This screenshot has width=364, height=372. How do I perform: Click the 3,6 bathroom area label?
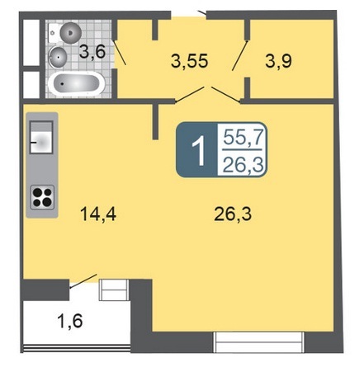point(92,51)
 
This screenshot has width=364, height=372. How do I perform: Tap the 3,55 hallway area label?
point(189,61)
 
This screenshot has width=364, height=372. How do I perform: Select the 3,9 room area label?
point(279,61)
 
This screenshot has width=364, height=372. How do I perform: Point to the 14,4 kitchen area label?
point(98,214)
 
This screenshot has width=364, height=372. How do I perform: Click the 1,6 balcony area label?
point(70,321)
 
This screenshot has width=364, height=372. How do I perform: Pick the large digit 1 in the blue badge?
point(198,151)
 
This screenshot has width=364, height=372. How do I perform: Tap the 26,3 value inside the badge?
point(243,165)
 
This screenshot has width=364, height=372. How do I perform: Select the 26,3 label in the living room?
point(233,214)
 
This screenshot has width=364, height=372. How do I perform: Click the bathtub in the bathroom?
point(77,83)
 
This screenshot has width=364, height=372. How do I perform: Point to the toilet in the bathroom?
point(65,33)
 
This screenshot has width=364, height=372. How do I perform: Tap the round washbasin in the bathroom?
point(58,57)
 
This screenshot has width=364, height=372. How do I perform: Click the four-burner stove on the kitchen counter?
point(42,197)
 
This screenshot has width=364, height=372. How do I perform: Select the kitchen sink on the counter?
point(41,137)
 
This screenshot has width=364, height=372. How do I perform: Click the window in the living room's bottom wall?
point(259,341)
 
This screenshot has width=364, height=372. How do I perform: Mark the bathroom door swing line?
point(120,52)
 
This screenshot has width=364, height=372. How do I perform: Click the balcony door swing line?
point(83,281)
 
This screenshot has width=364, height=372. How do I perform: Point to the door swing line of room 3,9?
point(240,56)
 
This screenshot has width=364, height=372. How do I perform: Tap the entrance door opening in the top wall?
point(189,15)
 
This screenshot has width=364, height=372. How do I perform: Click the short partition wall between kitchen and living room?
point(155,121)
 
